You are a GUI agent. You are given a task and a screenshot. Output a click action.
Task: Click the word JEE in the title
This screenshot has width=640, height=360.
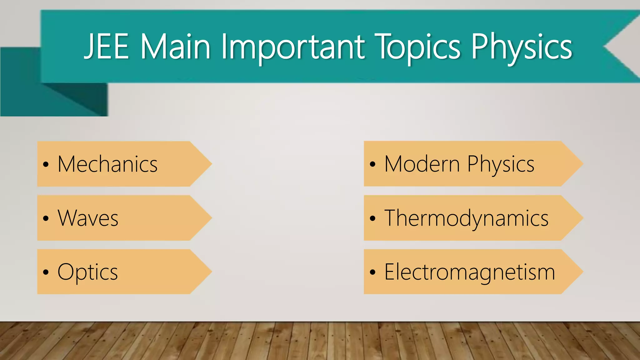tap(107, 47)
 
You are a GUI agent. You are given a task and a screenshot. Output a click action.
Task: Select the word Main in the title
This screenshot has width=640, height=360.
tap(175, 47)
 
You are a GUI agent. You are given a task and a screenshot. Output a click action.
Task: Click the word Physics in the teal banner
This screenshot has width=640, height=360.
tap(522, 47)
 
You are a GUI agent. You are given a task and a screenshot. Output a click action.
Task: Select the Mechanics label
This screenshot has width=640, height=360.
tap(107, 164)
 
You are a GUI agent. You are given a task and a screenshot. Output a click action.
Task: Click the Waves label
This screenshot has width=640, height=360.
tap(88, 218)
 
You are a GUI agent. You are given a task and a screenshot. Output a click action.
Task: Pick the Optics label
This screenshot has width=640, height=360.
tap(87, 272)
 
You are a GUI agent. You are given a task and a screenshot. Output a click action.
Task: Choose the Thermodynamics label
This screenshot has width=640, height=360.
tap(466, 218)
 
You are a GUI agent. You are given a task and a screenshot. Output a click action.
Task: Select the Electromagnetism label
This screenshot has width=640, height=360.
tap(469, 272)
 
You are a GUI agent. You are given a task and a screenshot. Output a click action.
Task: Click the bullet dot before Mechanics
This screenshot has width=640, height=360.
tap(46, 164)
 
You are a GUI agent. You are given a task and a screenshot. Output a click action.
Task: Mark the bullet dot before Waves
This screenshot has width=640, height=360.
tap(46, 218)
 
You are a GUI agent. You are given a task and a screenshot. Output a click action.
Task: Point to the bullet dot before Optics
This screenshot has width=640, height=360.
tap(46, 272)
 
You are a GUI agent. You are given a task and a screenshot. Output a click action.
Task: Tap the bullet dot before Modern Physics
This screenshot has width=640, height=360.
tap(372, 164)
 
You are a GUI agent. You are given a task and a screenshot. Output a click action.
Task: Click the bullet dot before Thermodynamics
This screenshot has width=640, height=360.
tap(372, 218)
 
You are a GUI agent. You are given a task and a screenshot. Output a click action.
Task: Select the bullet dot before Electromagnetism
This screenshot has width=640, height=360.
tap(372, 272)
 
